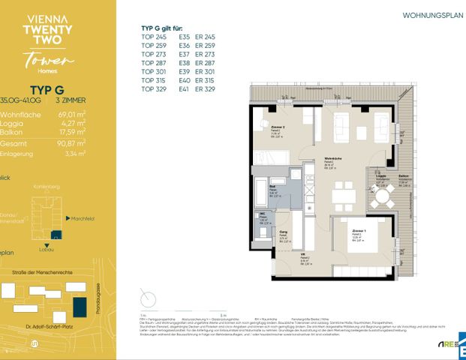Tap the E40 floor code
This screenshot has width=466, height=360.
(185, 80)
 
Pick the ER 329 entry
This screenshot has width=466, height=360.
(205, 88)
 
